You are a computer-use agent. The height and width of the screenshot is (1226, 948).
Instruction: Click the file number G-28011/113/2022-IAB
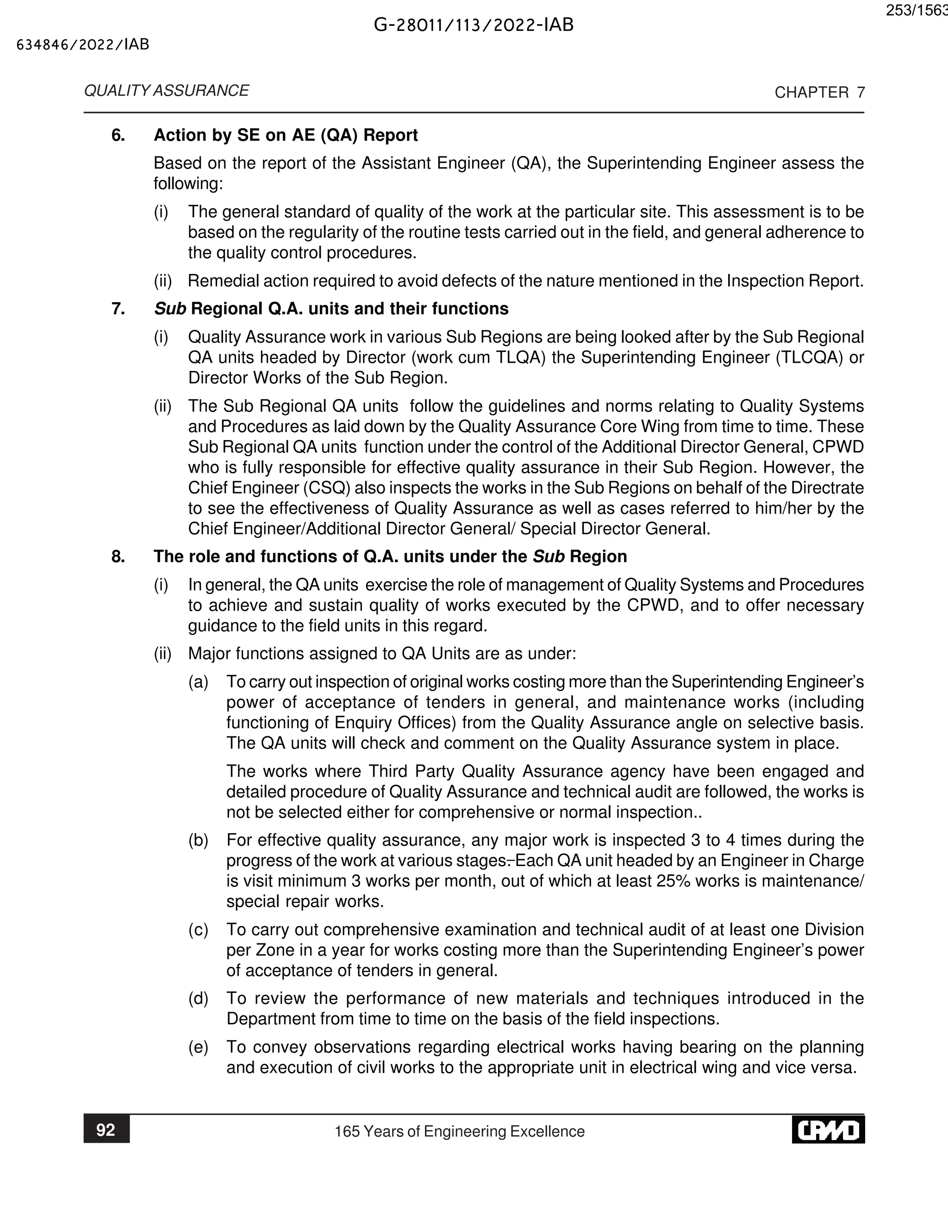coord(474,25)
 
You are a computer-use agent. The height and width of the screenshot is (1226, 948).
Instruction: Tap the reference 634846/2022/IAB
coord(83,45)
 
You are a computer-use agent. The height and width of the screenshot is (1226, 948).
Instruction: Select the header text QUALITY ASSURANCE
coord(166,91)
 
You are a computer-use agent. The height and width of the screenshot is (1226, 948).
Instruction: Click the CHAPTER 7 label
coord(819,93)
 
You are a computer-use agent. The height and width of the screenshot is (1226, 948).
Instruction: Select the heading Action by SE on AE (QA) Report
coord(286,135)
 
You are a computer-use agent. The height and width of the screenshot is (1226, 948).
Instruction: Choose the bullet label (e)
coord(198,1047)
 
